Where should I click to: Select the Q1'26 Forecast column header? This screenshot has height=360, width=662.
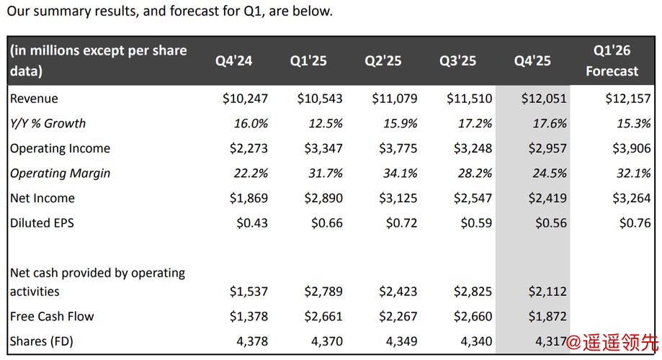click(x=612, y=60)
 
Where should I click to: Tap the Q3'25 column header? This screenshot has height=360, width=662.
click(x=457, y=60)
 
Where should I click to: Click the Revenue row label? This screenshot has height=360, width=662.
click(x=34, y=99)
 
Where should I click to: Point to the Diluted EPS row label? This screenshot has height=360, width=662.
click(x=42, y=223)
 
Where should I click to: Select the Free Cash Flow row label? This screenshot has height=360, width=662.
click(x=52, y=316)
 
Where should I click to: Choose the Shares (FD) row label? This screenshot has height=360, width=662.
click(x=42, y=341)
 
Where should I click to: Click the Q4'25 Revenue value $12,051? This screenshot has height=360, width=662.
click(x=544, y=99)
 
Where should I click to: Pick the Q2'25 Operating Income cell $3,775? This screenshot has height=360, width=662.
click(x=398, y=148)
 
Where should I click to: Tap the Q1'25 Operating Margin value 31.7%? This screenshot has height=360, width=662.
click(x=326, y=174)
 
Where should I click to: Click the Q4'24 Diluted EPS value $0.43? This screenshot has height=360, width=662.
click(x=252, y=223)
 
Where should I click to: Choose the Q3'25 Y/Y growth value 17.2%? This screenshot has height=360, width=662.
click(x=475, y=123)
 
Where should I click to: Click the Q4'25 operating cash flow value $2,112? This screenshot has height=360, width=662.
click(x=547, y=292)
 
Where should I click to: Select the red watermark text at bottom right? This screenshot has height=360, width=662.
click(x=612, y=342)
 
